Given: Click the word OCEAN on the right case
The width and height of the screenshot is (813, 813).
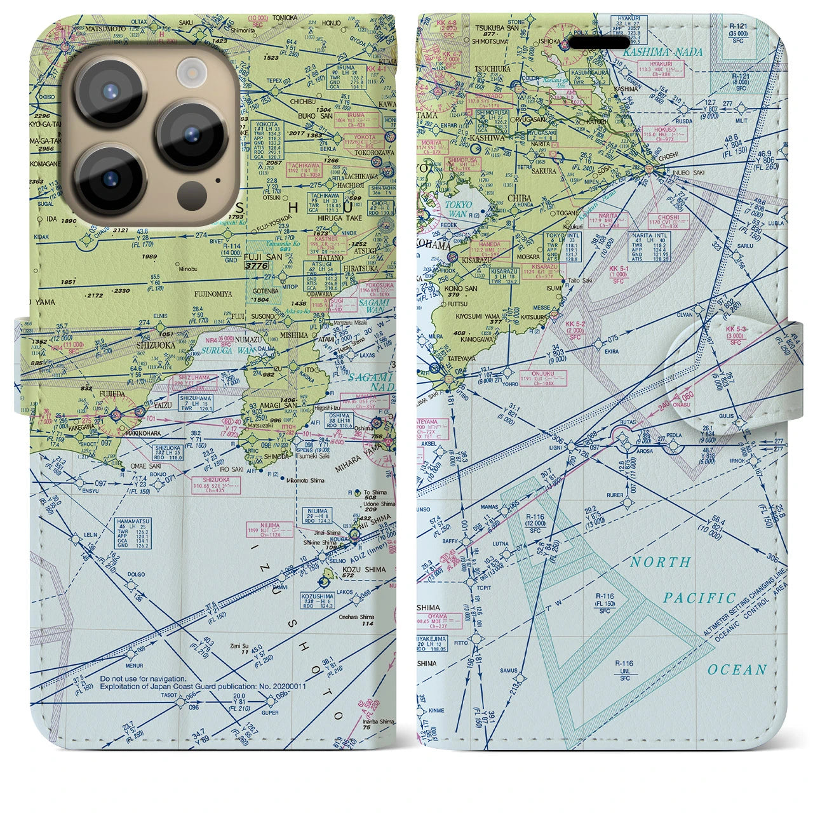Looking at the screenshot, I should click(x=737, y=669).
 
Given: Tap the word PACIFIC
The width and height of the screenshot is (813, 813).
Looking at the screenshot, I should click(x=699, y=598).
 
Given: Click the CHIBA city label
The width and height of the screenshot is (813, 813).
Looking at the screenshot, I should click(x=520, y=199).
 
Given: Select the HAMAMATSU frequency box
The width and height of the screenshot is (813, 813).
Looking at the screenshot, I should click(x=133, y=532).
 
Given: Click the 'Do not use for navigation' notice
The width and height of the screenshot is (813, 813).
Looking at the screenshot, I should click(x=143, y=678).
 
